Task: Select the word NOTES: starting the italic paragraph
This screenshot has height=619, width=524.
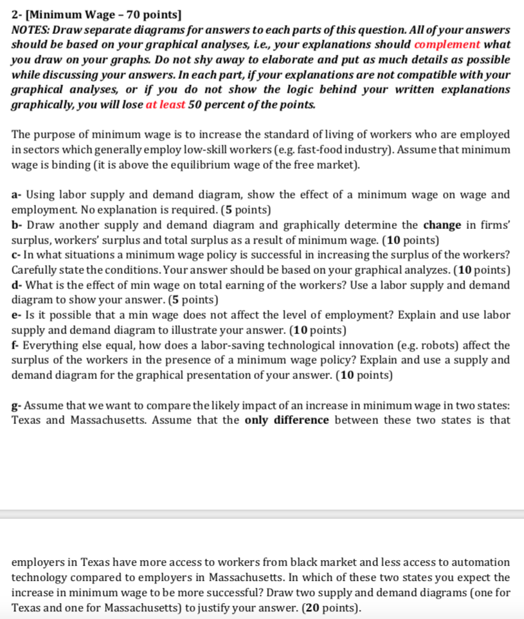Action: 32,30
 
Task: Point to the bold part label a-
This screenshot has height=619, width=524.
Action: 17,195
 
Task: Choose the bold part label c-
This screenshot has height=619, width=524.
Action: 17,255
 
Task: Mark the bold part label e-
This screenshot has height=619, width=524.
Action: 17,315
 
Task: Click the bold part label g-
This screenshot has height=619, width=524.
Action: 17,405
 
